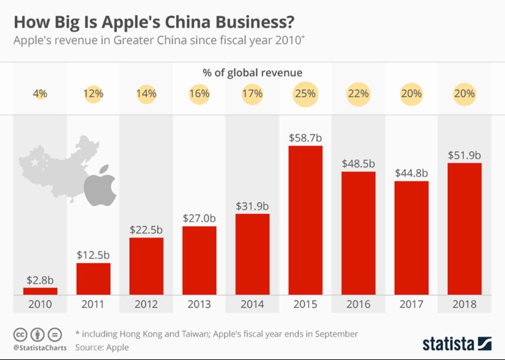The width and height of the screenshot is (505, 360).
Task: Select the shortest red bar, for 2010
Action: click(x=41, y=291)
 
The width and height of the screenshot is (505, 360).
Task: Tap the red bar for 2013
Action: click(x=200, y=260)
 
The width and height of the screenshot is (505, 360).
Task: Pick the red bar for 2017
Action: click(x=411, y=237)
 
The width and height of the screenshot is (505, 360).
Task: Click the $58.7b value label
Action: click(x=305, y=138)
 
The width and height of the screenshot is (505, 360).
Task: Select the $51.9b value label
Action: click(x=464, y=155)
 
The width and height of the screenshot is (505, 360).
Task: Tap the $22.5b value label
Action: click(x=146, y=230)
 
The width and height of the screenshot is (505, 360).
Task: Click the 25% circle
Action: click(x=305, y=94)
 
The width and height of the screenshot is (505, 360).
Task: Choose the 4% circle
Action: click(x=41, y=94)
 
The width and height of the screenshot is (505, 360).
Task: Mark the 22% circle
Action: click(x=359, y=94)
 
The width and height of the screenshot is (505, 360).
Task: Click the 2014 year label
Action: click(x=252, y=304)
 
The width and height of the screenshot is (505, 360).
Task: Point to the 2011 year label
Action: click(x=93, y=304)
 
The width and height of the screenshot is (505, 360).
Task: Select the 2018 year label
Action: click(x=464, y=304)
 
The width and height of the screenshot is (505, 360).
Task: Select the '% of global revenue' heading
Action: click(x=252, y=73)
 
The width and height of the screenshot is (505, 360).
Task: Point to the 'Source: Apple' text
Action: click(x=102, y=347)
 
